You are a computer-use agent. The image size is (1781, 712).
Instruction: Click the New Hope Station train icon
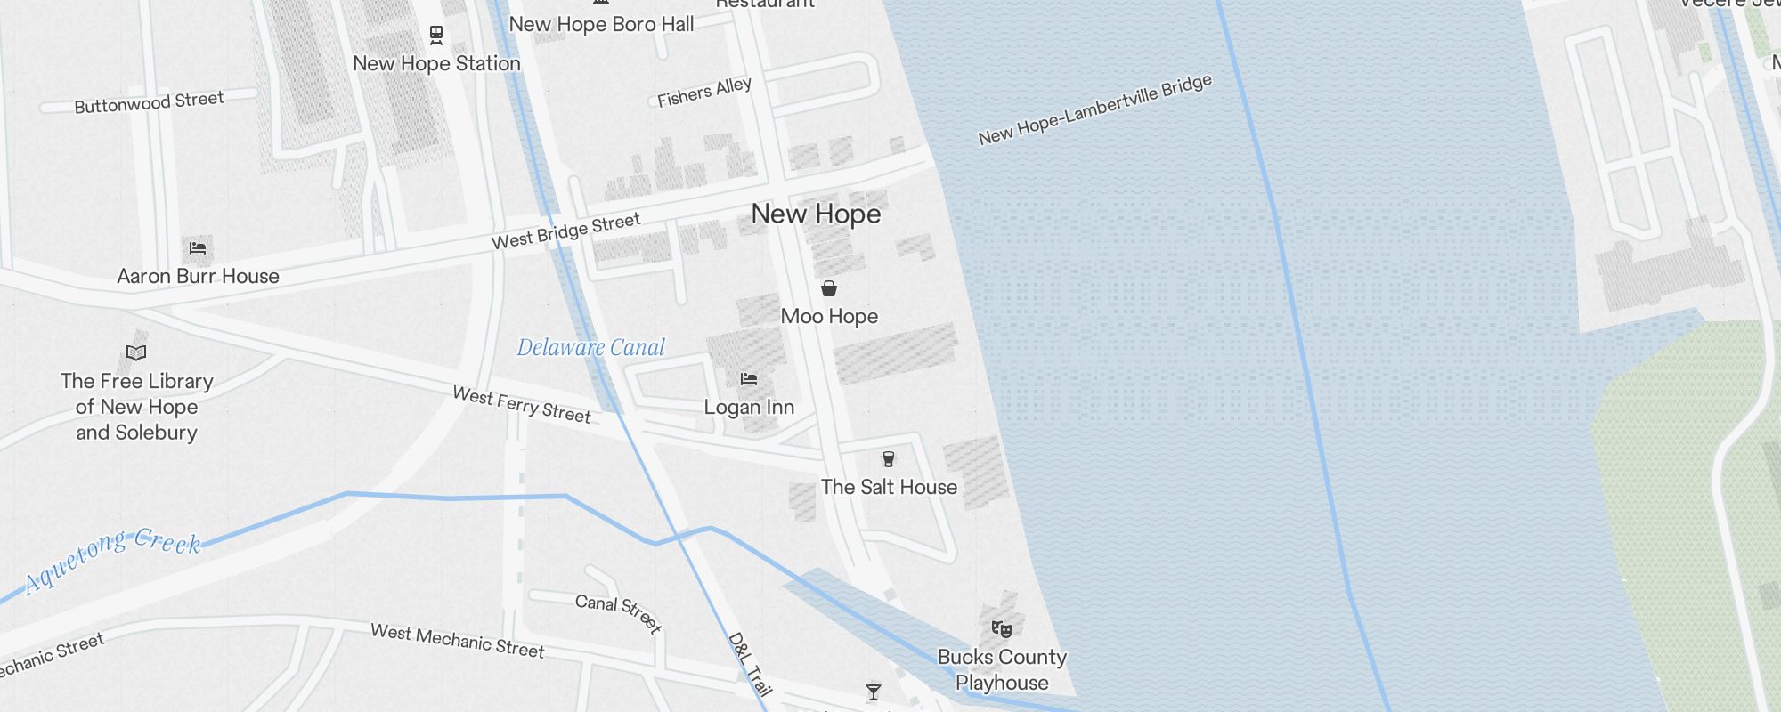tap(436, 36)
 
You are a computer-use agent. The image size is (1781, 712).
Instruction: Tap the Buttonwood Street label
tap(149, 102)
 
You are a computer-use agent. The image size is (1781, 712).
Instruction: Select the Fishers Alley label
tap(704, 92)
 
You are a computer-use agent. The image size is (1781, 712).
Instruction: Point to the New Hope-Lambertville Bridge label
tap(1094, 109)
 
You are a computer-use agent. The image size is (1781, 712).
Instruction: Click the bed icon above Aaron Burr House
tap(198, 248)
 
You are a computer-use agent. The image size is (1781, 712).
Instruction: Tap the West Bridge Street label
tap(565, 231)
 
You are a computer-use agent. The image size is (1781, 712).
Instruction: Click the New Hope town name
tap(816, 214)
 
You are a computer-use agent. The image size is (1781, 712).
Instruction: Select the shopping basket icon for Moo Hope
tap(829, 288)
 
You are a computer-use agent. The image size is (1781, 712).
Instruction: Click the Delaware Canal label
tap(591, 347)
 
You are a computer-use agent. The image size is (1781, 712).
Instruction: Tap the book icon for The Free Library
tap(136, 352)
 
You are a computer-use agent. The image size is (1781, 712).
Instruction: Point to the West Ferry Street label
tap(522, 404)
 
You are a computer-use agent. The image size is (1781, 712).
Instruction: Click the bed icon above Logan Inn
tap(749, 379)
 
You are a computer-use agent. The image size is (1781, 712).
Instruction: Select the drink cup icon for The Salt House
tap(888, 459)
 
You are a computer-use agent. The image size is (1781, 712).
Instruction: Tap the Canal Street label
tap(619, 612)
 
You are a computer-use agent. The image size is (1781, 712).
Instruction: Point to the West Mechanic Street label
tap(457, 641)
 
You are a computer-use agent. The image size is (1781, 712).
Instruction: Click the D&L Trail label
tap(749, 664)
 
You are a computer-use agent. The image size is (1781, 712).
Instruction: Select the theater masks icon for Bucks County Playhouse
tap(1002, 629)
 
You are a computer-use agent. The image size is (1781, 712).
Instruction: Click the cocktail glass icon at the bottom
tap(874, 692)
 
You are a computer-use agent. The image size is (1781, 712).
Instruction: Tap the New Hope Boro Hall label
tap(601, 25)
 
